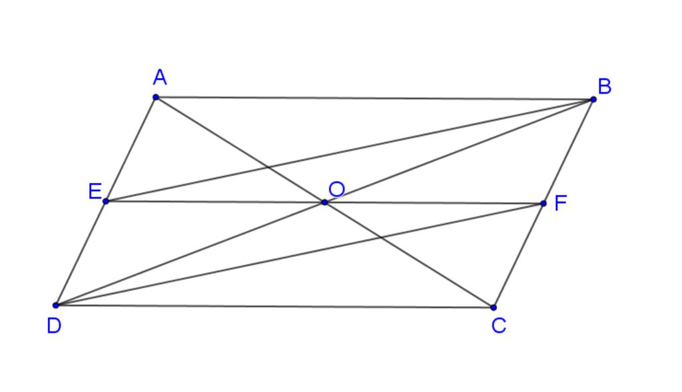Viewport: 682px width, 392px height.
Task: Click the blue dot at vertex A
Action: (x=156, y=97)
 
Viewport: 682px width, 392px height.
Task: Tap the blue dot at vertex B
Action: (x=593, y=100)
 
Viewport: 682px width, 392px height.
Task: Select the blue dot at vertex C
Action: (x=494, y=307)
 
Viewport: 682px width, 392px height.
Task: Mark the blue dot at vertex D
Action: (x=56, y=305)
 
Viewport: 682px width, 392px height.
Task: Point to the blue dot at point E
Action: (x=106, y=201)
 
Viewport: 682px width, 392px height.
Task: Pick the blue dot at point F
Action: (x=543, y=204)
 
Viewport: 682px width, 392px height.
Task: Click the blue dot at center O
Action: (x=324, y=202)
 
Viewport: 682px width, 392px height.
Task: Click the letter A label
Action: (x=160, y=77)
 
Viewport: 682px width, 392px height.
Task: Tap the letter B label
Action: (x=605, y=87)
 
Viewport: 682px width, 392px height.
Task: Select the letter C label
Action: (x=499, y=325)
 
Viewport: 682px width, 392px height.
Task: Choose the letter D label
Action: (x=54, y=325)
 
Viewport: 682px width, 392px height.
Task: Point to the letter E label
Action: (x=95, y=191)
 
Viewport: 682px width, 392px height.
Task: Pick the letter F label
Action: (x=561, y=203)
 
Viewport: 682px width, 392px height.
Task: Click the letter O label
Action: (x=336, y=190)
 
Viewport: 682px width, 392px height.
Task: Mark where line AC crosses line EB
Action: (x=268, y=167)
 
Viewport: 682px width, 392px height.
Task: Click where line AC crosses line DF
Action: (x=381, y=238)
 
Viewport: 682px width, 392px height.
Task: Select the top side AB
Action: (x=374, y=98)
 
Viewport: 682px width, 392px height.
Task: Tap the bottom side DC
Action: (x=274, y=306)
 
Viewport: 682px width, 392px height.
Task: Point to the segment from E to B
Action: (x=349, y=150)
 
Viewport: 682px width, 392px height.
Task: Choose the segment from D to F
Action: (x=299, y=254)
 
